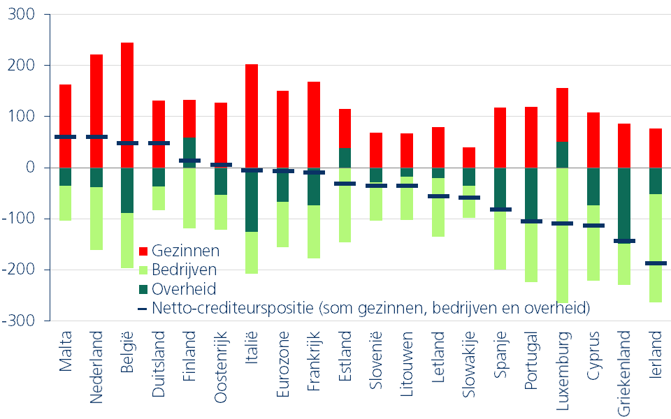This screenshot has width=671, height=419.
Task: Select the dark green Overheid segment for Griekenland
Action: click(624, 203)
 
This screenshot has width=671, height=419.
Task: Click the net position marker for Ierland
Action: click(655, 263)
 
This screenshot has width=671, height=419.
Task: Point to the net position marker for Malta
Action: click(65, 137)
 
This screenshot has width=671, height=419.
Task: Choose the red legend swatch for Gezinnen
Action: click(144, 251)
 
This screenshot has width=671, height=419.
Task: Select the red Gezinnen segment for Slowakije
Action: click(469, 157)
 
